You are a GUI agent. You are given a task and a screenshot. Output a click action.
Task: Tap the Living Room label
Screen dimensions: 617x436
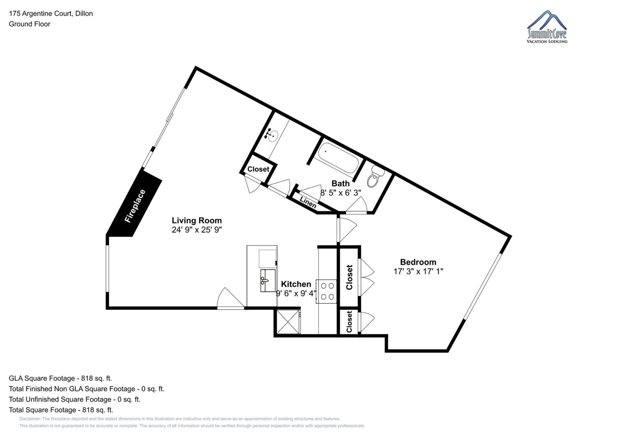coord(197,220)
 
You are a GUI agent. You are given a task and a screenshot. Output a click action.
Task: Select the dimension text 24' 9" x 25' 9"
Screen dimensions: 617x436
coord(197,230)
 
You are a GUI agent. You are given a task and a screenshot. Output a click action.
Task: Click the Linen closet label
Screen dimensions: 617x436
coord(308,202)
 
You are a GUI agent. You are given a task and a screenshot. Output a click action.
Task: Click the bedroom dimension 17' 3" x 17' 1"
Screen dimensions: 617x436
coord(418,271)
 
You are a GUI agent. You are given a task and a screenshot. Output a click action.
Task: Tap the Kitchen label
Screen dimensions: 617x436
coord(296,284)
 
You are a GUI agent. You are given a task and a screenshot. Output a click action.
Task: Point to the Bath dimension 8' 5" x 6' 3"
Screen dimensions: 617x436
coord(340,193)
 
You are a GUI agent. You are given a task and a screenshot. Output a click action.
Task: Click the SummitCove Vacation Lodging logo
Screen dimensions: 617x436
coord(547,27)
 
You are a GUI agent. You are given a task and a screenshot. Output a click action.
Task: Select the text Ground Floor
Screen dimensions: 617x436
coord(30,24)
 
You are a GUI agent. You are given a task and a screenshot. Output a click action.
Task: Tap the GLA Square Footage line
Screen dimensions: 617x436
coord(60,378)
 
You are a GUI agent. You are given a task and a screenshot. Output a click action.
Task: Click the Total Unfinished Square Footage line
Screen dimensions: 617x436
coord(75,399)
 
